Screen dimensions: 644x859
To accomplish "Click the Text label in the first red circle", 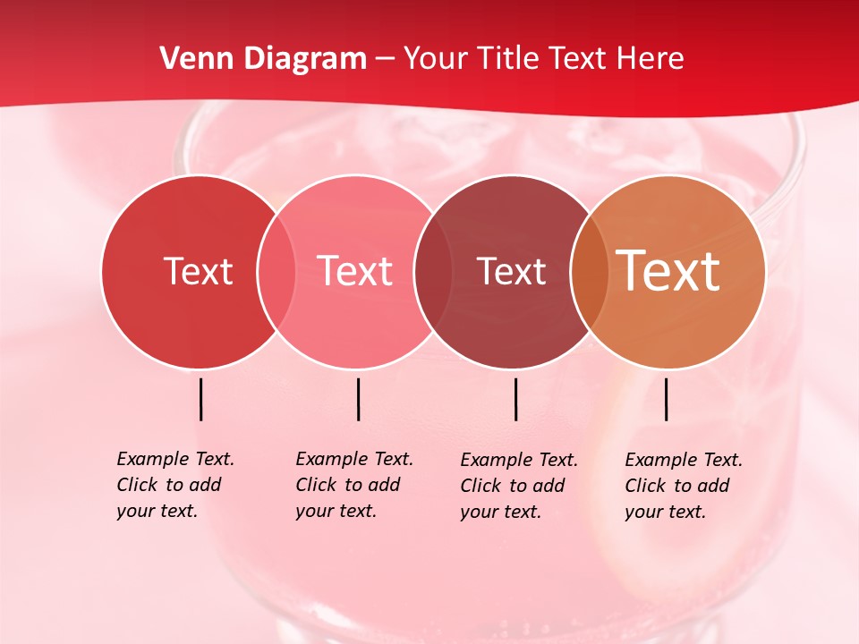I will tap(198, 271).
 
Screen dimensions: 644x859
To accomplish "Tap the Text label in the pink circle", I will tap(355, 271).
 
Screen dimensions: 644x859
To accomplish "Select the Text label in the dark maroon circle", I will tap(511, 271).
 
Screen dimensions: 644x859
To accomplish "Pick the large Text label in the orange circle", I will tap(668, 271).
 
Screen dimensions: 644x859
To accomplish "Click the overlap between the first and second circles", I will tap(276, 272).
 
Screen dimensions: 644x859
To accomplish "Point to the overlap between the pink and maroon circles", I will tap(433, 272).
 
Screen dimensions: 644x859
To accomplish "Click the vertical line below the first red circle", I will tap(201, 399).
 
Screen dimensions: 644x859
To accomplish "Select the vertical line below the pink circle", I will tap(358, 399).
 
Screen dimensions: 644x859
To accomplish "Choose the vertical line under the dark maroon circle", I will tap(516, 399).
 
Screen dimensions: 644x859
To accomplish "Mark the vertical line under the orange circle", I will tap(667, 399).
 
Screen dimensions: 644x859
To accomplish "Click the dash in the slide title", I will tap(385, 60).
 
